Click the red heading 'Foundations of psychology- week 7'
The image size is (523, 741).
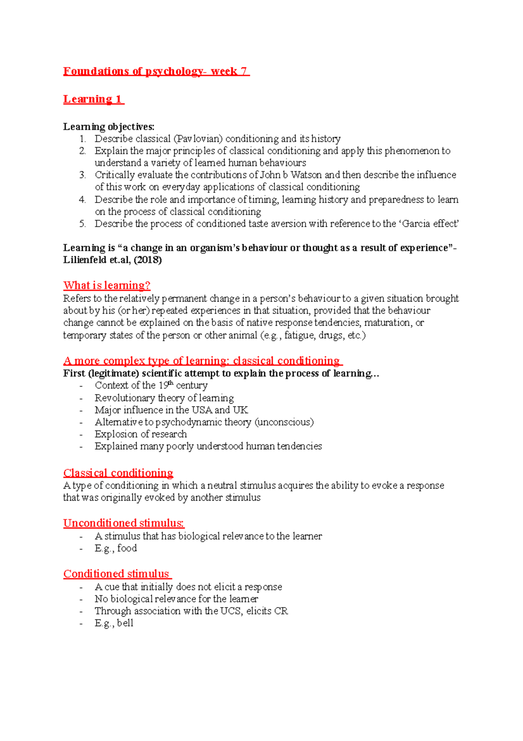[156, 71]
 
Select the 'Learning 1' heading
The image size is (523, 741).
[93, 99]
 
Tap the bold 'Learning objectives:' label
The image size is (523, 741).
[109, 127]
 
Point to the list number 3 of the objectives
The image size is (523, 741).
[82, 175]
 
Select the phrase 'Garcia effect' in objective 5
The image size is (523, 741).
[430, 224]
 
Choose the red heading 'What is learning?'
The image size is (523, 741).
[107, 285]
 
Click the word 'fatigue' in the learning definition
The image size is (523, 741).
[299, 335]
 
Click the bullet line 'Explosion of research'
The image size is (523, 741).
[141, 434]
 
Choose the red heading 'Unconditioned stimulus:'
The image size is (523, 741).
[124, 523]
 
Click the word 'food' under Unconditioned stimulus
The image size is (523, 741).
[127, 548]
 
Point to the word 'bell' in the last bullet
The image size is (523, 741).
[125, 623]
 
